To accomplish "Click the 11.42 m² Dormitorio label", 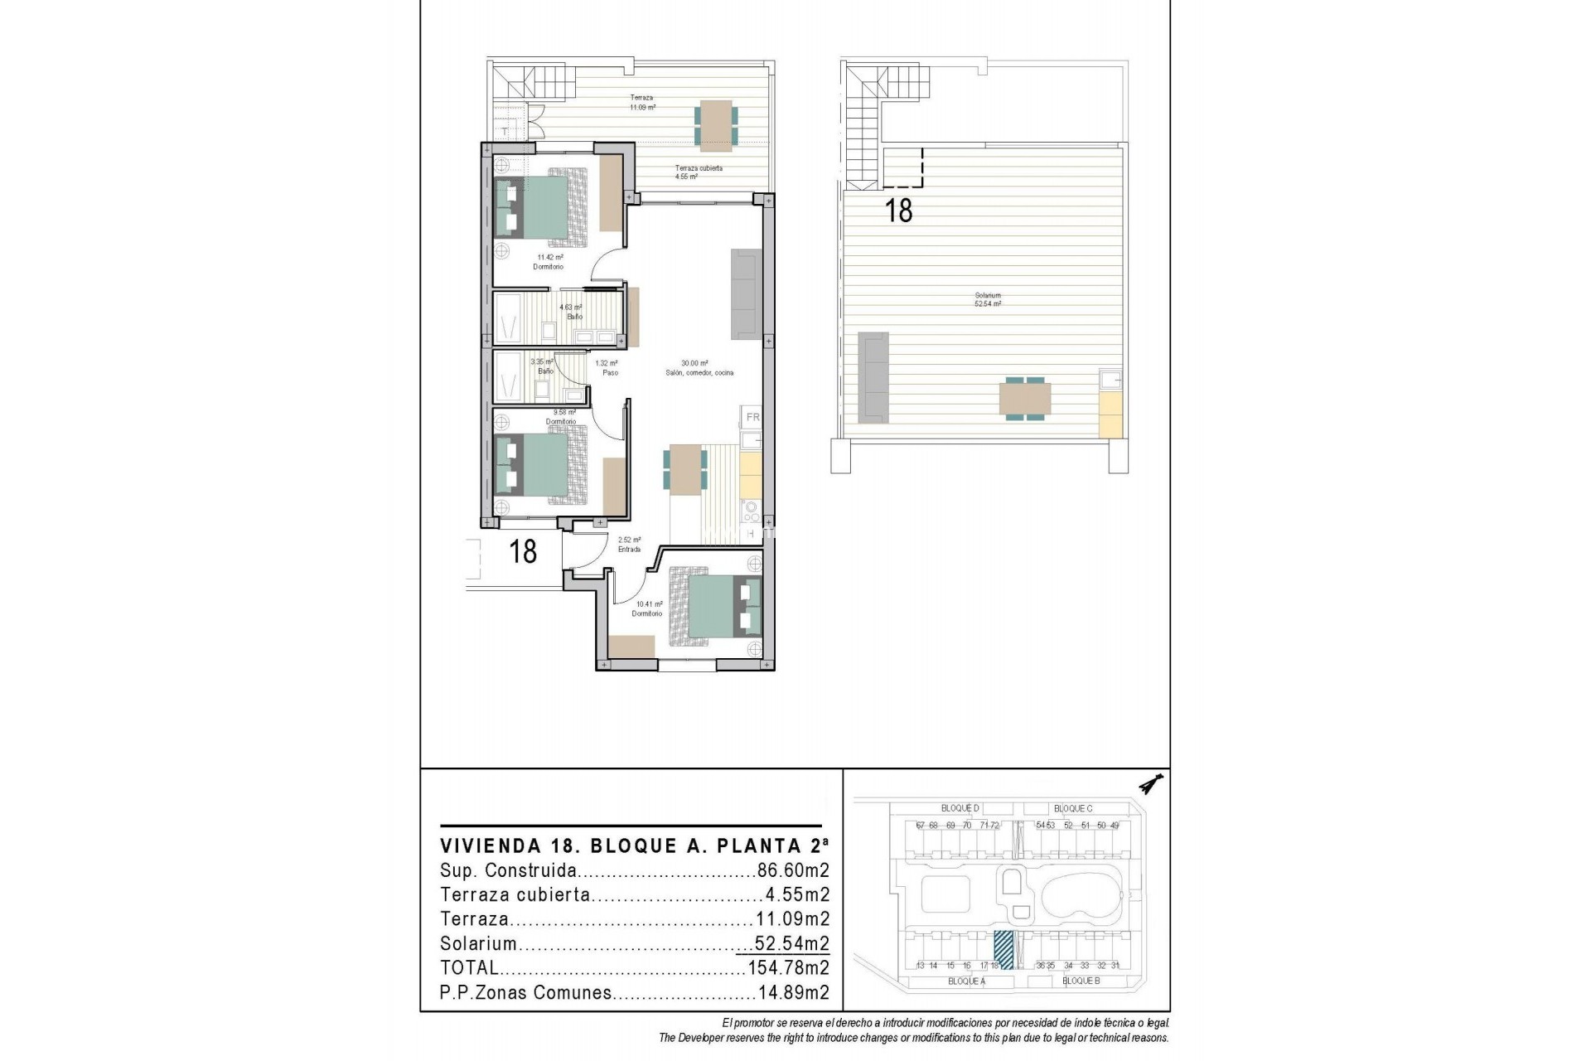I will pos(549,262).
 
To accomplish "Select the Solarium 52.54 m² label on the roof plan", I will pos(988,300).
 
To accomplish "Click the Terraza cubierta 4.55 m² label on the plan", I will pos(699,172).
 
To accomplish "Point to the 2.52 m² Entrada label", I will pos(629,545).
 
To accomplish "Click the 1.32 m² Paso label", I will pos(607,368).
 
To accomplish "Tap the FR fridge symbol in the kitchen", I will pos(752,417).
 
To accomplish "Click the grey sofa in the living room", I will pos(746,293).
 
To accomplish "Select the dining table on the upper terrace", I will pos(714,126).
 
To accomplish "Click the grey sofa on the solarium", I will pos(873,375).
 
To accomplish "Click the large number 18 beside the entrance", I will pos(523,551).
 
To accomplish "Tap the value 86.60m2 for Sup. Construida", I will pos(793,871).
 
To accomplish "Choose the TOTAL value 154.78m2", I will pos(788,967).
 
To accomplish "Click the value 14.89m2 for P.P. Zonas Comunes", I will pos(793,992).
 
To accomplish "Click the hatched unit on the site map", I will pos(1003,950).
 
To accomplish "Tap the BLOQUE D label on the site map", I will pos(960,808).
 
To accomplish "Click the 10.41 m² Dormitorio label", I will pos(647,609).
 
